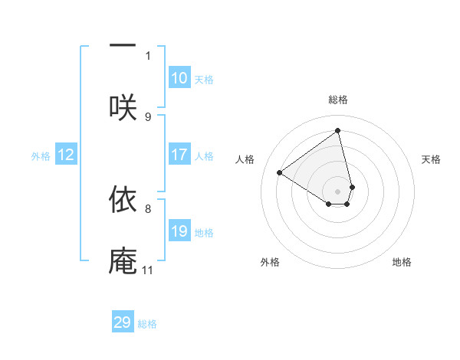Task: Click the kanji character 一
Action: click(123, 45)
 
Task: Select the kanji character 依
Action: click(123, 198)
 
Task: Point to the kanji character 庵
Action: click(123, 260)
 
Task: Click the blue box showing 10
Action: click(179, 78)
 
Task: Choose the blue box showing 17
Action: click(179, 155)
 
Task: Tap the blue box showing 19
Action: click(179, 231)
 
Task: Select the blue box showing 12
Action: click(66, 155)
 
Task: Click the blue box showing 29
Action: click(123, 322)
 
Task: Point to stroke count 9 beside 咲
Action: click(148, 117)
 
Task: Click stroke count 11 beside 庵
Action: click(148, 270)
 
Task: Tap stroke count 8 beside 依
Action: click(148, 208)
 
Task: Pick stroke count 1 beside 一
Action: click(148, 55)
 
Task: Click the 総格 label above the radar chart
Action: click(338, 100)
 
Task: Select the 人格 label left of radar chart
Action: click(245, 159)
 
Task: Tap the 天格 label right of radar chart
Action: click(431, 159)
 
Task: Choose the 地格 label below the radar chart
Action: click(402, 262)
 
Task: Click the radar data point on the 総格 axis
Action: click(338, 131)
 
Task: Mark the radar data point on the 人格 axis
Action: click(280, 172)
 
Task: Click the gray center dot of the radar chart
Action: click(338, 191)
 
